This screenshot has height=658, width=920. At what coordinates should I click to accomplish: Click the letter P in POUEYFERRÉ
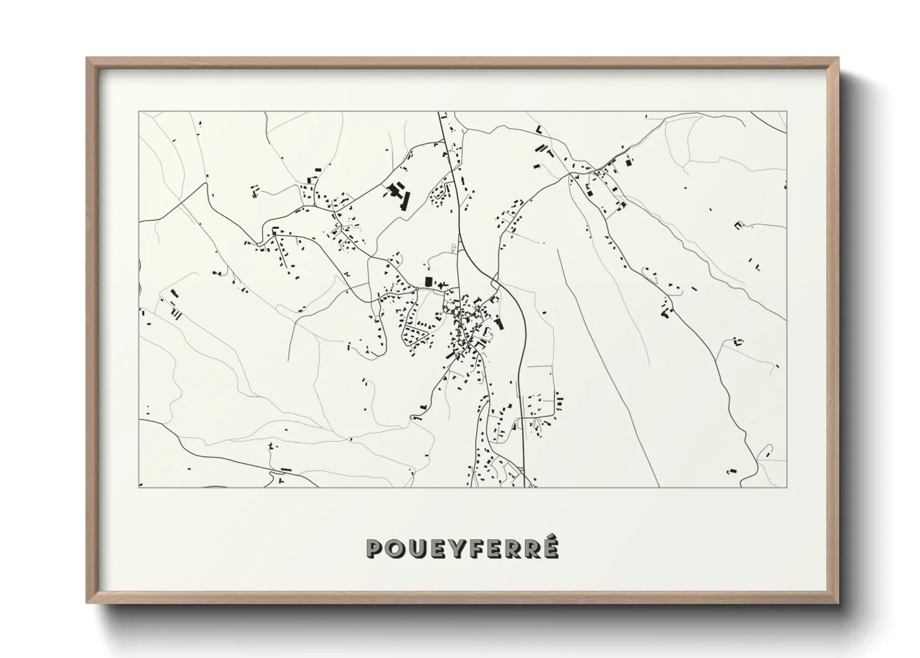coord(375,549)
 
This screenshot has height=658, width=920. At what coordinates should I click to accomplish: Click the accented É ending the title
coord(550,547)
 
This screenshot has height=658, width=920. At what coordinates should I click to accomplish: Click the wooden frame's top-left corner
coord(88,58)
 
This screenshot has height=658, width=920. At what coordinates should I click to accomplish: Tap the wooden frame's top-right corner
coord(837,58)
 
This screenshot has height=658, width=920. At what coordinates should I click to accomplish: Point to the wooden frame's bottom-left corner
coord(88,601)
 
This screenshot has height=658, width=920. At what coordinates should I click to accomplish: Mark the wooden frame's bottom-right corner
coord(837,601)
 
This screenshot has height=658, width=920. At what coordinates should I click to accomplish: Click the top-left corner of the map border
coord(139,112)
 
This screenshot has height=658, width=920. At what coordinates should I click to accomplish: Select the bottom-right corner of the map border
coord(787,487)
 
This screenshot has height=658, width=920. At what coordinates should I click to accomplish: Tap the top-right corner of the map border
coord(787,112)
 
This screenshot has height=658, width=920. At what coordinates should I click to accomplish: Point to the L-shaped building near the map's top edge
coord(539,129)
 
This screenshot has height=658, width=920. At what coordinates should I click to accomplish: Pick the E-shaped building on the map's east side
coord(738,225)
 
